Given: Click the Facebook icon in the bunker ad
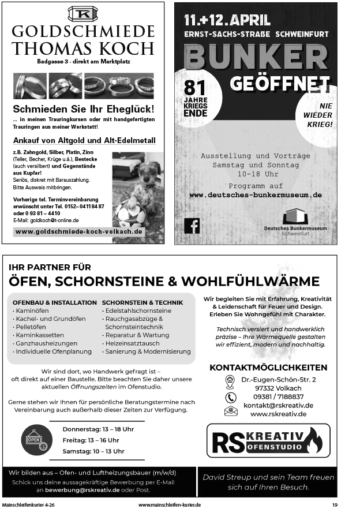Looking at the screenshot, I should (192, 226).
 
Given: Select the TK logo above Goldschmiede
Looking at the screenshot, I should (82, 13).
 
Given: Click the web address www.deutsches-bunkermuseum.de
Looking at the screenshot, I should (256, 195).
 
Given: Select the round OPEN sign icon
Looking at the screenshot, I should (35, 440).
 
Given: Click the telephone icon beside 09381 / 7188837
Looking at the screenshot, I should (231, 397).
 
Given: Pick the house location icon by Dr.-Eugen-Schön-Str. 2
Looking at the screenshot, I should (230, 380).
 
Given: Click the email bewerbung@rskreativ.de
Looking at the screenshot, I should (83, 490).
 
